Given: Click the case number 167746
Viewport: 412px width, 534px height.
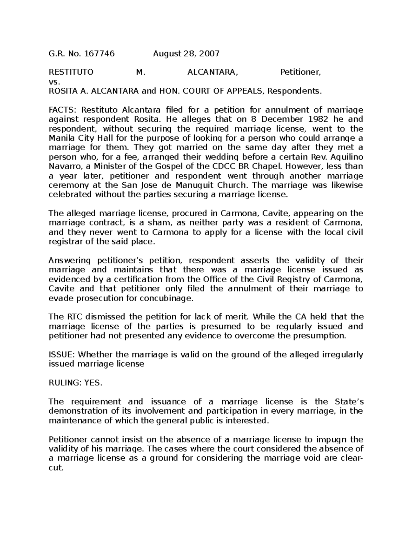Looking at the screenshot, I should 99,54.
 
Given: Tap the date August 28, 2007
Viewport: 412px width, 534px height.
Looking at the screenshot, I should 186,54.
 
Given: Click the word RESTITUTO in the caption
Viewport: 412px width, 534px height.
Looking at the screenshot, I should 71,73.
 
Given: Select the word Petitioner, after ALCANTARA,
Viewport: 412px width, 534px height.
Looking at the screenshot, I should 301,73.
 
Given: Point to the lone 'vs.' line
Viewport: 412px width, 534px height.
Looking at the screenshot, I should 55,82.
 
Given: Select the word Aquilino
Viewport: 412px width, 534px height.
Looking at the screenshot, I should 346,157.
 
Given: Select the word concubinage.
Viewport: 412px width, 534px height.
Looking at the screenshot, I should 166,298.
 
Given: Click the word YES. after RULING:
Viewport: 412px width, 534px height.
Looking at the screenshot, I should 93,383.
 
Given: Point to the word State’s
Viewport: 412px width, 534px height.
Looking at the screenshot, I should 349,402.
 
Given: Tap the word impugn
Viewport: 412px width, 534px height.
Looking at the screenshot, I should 331,439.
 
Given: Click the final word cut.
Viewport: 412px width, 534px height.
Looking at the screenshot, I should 56,468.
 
